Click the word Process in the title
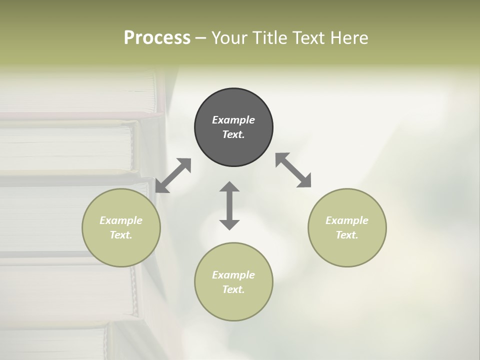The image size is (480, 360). (157, 38)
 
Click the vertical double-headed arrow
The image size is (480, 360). (229, 205)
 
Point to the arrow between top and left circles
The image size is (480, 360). (173, 175)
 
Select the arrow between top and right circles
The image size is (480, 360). (293, 170)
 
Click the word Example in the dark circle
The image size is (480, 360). (233, 120)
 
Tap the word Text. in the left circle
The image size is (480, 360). (121, 235)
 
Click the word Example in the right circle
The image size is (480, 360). (347, 220)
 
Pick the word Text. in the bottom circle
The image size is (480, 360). (233, 289)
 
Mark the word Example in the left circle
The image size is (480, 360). (121, 220)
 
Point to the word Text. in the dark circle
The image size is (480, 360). (233, 134)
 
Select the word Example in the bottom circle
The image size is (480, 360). (233, 275)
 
